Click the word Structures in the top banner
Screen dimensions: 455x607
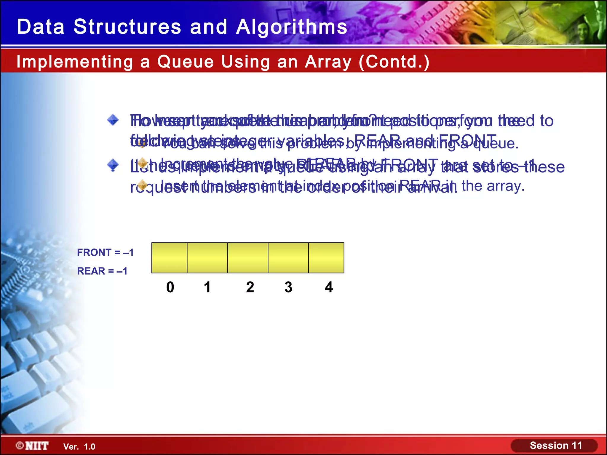(x=127, y=27)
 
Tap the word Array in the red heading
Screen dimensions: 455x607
(x=328, y=62)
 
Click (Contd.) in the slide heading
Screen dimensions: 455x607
(x=394, y=62)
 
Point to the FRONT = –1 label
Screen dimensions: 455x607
(x=105, y=252)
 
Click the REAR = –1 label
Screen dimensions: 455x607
(x=102, y=271)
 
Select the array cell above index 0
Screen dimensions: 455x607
(x=169, y=258)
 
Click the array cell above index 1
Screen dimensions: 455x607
(x=207, y=258)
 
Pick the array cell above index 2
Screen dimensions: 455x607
(x=248, y=258)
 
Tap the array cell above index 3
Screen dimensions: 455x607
(x=288, y=258)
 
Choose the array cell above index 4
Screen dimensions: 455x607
(x=326, y=258)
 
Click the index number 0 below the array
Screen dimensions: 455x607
(x=170, y=287)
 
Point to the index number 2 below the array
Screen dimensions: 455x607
(x=250, y=287)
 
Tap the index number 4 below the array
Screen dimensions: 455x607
(x=329, y=287)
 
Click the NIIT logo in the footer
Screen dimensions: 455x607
(x=33, y=446)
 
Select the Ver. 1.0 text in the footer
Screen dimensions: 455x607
(x=79, y=447)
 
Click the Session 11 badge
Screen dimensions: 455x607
(x=555, y=446)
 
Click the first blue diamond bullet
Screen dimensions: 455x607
(x=113, y=120)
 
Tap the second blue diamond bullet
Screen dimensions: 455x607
(x=113, y=165)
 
